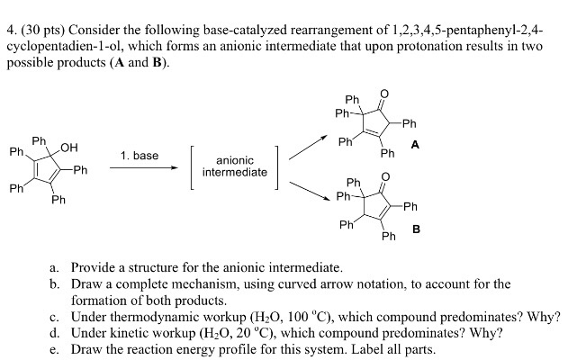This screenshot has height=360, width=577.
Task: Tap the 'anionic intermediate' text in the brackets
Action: (235, 166)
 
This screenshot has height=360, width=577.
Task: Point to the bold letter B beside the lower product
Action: (415, 229)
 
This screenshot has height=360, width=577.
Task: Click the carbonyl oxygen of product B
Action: (384, 179)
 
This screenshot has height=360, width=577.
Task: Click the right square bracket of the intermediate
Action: (278, 166)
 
